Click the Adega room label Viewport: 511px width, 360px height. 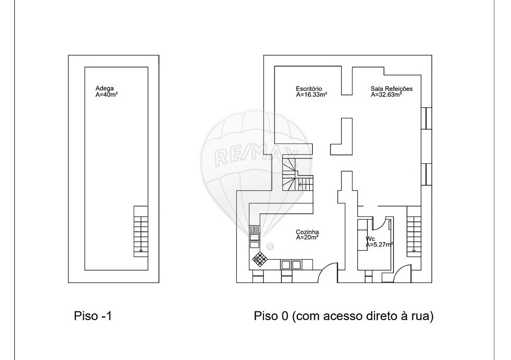point(104,88)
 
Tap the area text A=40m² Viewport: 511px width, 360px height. point(107,94)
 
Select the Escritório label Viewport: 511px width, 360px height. point(309,89)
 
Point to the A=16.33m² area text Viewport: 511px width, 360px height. point(312,94)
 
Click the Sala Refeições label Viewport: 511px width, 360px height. point(391,89)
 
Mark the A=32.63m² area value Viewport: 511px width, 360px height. point(386,94)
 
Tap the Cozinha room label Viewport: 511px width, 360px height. point(308,232)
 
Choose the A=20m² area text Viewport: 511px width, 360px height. point(308,238)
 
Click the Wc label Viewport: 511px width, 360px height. point(371,239)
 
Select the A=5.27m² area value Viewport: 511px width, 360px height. point(380,244)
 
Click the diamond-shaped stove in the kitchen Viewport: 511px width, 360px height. point(260,259)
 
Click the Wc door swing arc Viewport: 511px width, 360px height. point(378,225)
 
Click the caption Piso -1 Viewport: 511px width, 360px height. point(93,316)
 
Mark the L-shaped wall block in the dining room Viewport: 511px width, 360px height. point(342,136)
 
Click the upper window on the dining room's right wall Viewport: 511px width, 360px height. point(426,118)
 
